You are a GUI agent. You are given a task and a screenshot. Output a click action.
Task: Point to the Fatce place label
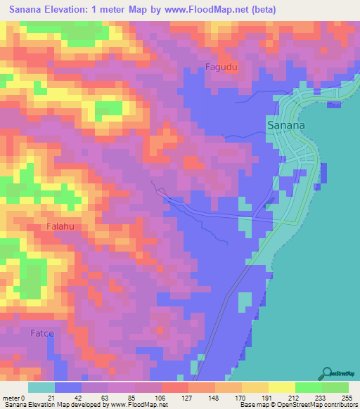click(41, 333)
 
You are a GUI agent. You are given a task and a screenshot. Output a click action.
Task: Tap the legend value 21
click(51, 398)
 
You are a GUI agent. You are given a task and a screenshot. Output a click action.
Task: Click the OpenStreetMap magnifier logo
click(328, 373)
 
